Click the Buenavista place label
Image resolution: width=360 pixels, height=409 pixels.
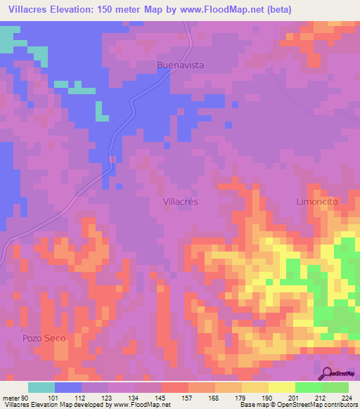[180, 65]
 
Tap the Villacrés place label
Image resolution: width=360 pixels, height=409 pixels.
[181, 201]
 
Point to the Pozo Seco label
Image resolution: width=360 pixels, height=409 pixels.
[44, 338]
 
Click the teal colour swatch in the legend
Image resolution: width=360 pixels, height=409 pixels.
[41, 387]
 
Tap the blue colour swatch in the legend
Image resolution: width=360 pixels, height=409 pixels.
[68, 387]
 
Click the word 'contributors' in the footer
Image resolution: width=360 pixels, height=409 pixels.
[337, 405]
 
